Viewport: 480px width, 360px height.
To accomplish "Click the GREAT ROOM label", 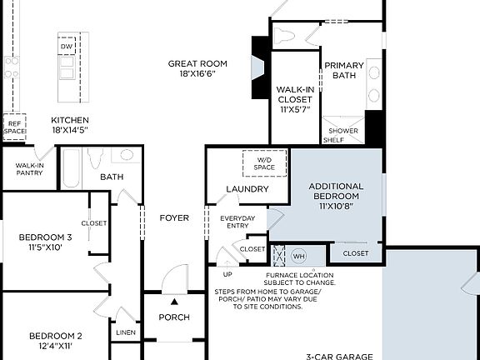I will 197,63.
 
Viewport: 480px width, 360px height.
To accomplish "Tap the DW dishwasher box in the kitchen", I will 66,47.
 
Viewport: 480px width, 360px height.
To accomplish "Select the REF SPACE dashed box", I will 14,127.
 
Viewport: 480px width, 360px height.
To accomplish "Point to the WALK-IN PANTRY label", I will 30,169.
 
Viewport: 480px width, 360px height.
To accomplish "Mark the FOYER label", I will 174,218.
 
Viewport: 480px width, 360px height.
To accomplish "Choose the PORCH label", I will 174,317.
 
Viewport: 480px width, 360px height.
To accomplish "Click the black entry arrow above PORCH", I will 174,302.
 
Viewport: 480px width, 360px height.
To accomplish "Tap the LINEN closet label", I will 126,332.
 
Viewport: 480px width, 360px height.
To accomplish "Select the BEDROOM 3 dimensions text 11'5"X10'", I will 47,247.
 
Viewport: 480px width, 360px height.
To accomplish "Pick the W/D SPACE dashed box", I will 264,162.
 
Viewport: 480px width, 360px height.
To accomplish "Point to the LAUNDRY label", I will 247,189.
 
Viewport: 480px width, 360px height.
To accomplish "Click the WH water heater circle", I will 298,255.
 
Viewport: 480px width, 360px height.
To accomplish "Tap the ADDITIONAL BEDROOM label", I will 336,191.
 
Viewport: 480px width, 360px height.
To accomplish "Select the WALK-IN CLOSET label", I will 294,99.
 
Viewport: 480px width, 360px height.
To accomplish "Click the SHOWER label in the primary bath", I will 343,131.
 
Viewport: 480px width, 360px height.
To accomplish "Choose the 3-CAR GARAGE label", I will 339,356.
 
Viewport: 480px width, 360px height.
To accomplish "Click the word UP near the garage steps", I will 227,274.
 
